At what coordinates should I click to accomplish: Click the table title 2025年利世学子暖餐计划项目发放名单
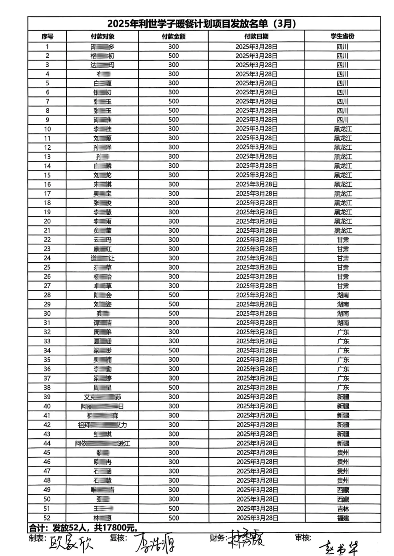tap(201, 24)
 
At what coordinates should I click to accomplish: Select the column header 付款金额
tap(174, 37)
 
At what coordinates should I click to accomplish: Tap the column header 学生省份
tap(342, 36)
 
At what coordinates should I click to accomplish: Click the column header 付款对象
tap(103, 37)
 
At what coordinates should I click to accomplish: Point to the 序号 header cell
tap(47, 37)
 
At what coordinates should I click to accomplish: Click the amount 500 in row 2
tap(174, 56)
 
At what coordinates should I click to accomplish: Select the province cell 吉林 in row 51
tap(343, 509)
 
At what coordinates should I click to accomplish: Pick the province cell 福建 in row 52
tap(343, 518)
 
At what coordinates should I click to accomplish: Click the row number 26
tap(47, 277)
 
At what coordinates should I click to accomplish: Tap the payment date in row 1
tap(256, 47)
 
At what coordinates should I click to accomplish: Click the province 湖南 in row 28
tap(343, 295)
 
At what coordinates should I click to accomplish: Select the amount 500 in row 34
tap(174, 350)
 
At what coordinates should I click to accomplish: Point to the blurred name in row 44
tap(103, 443)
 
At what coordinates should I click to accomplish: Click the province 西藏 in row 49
tap(343, 490)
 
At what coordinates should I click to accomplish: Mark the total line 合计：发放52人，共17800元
tap(84, 528)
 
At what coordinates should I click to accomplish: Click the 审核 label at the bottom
tap(303, 537)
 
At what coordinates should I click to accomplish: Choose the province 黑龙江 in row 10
tap(343, 129)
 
